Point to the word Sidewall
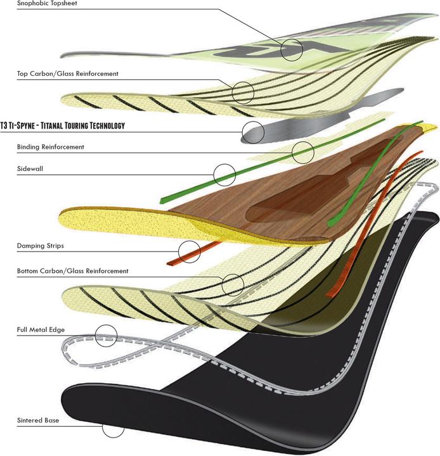[x=29, y=169]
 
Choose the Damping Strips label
[x=40, y=245]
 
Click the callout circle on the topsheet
[x=292, y=49]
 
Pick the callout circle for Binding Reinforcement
[x=303, y=151]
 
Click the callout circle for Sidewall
[x=224, y=174]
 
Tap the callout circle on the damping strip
[x=189, y=251]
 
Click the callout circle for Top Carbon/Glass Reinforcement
[x=243, y=92]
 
